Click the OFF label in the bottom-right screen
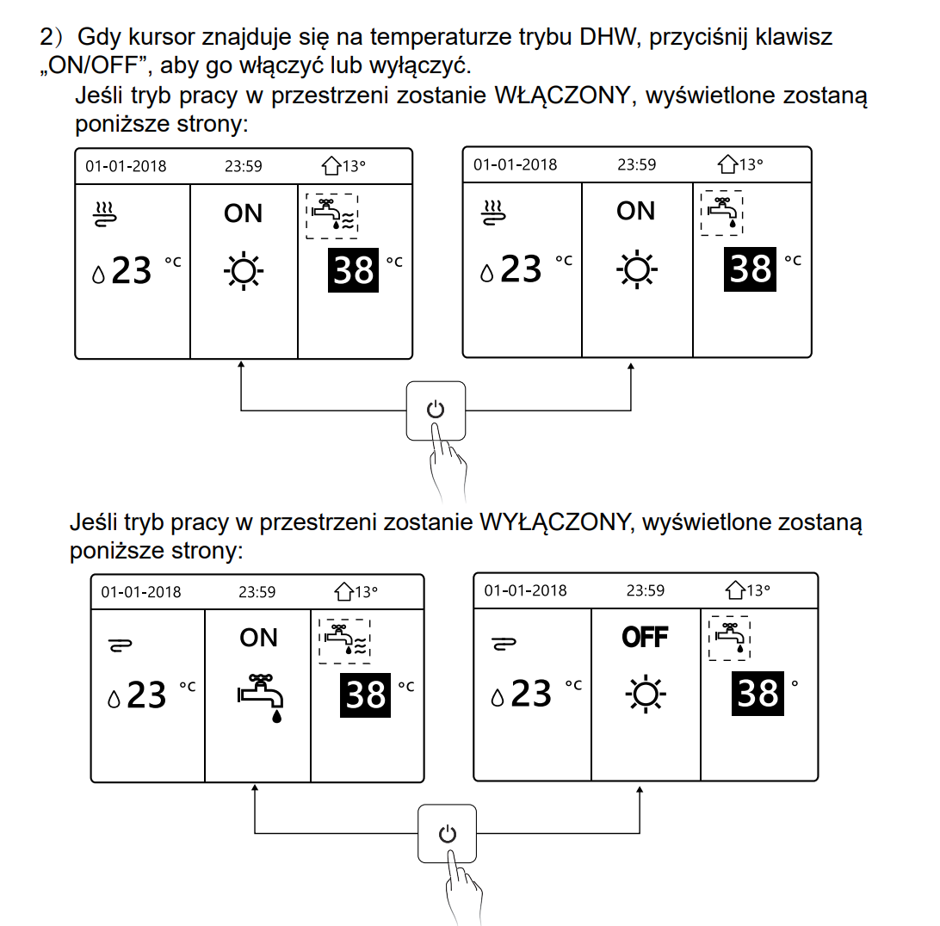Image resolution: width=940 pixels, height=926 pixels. point(645,638)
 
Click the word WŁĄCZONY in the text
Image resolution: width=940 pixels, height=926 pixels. point(560,96)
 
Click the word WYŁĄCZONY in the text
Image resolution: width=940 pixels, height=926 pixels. point(551,522)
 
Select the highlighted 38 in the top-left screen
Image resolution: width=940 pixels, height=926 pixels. point(354,269)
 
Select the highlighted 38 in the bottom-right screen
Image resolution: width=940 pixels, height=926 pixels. point(758,693)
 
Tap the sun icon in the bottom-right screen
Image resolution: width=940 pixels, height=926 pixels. point(645,693)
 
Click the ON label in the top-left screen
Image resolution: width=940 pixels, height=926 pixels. point(243,213)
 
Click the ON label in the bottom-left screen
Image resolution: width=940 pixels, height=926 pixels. point(259,638)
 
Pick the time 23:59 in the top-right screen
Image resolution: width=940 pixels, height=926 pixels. point(636,165)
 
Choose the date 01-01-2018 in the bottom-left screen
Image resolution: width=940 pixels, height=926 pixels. point(141,592)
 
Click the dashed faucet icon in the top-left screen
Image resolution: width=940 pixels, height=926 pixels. point(332,215)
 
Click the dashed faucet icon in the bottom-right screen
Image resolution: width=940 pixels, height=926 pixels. point(729,638)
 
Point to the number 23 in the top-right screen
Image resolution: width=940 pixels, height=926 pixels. point(521,269)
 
